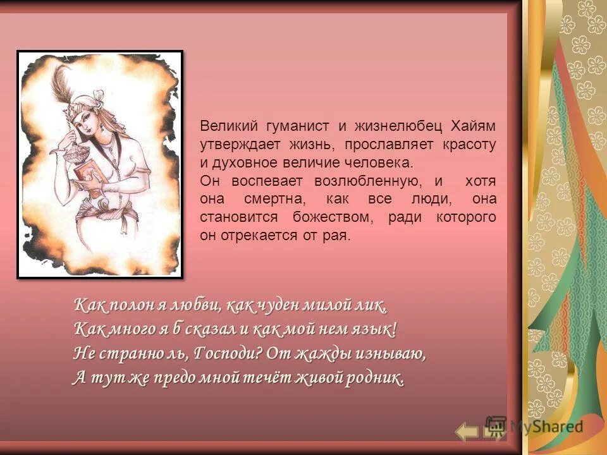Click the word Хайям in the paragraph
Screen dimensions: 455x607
[x=473, y=126]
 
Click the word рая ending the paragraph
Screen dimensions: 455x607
[x=338, y=236]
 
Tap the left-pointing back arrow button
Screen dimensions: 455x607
[x=467, y=432]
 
